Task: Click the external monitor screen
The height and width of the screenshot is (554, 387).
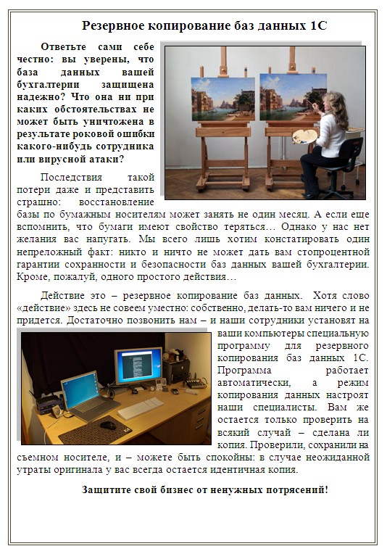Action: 138,367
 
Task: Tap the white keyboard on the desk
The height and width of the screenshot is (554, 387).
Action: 140,408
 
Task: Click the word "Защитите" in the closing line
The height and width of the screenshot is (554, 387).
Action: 108,489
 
